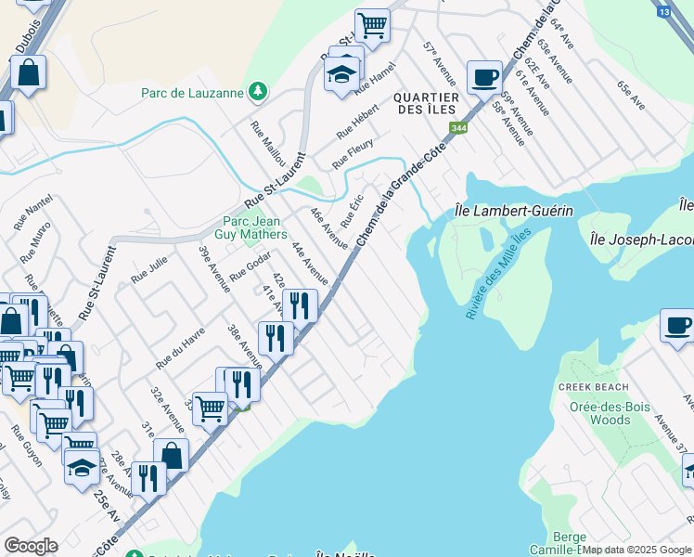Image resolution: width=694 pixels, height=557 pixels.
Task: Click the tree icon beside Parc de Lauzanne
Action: (x=257, y=92)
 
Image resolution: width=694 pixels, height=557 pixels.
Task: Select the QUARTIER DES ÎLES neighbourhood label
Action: (x=426, y=103)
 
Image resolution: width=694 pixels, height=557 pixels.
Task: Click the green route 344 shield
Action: (x=457, y=128)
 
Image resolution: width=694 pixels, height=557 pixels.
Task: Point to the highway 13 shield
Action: (x=662, y=11)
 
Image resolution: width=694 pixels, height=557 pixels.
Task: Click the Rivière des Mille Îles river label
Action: (x=497, y=275)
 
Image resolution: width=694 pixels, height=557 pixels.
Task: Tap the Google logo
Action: (x=31, y=546)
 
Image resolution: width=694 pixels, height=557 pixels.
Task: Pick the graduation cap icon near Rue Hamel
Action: (x=342, y=74)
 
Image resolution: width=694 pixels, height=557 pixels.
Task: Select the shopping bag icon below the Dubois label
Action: (x=29, y=73)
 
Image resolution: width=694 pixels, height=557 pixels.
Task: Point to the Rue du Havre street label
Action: (x=181, y=349)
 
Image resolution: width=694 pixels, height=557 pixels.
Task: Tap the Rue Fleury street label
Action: (x=353, y=154)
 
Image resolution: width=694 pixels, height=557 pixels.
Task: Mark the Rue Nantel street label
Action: (x=32, y=213)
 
